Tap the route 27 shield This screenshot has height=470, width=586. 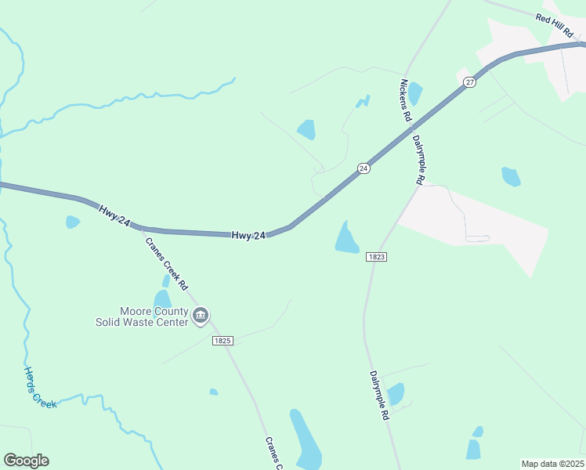(469, 82)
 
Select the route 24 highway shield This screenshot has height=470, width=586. (364, 168)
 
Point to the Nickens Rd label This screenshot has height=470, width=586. (406, 99)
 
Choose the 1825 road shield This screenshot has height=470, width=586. (223, 341)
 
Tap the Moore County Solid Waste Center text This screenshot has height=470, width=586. (142, 316)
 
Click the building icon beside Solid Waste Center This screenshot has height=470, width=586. (201, 316)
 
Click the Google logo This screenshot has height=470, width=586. (26, 461)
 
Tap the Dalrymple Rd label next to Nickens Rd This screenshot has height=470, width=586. (418, 160)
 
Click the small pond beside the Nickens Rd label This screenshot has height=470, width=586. (414, 93)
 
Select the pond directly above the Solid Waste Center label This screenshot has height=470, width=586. (162, 298)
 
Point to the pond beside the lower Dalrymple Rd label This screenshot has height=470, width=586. (396, 393)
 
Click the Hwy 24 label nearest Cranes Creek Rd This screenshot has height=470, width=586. (114, 215)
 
